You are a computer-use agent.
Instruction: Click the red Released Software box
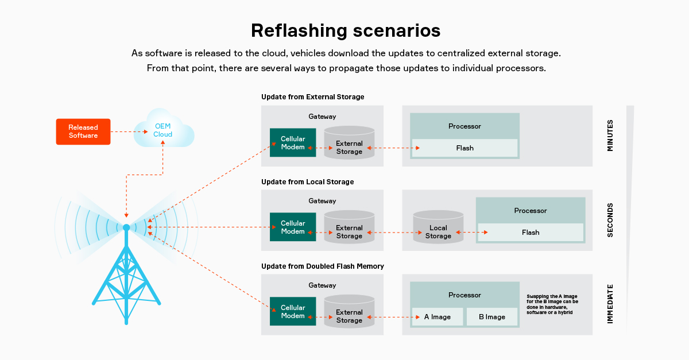tap(83, 131)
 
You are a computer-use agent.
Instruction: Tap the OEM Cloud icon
tap(164, 129)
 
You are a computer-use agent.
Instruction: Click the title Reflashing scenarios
tap(346, 30)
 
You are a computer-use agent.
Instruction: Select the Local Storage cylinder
tap(438, 227)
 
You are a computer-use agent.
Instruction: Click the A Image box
tap(438, 316)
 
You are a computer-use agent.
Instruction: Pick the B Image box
tap(492, 316)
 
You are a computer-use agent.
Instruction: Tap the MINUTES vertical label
tap(610, 136)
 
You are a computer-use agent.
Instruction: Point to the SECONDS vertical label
tap(610, 220)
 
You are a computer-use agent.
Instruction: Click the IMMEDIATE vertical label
tap(610, 304)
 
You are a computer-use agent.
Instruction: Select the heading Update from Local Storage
tap(308, 182)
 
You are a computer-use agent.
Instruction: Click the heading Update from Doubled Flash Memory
tap(323, 266)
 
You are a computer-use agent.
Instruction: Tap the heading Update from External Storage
tap(313, 97)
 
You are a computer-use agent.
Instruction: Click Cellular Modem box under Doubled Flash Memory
tap(293, 311)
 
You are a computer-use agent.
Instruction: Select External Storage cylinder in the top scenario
tap(349, 143)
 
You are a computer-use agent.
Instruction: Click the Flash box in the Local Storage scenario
tap(531, 233)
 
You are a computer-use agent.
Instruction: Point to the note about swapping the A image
tap(552, 304)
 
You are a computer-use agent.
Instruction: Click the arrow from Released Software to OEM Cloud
tap(129, 131)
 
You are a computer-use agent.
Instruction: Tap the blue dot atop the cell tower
tap(126, 227)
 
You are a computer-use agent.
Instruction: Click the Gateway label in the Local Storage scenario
tap(322, 201)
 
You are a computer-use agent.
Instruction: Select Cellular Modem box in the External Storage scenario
tap(293, 142)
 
